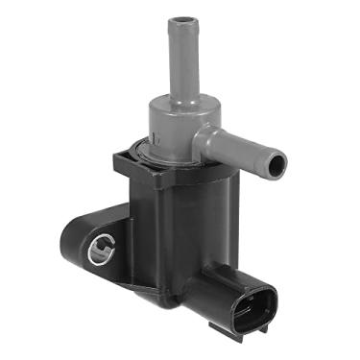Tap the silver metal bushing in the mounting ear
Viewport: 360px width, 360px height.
(100, 252)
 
